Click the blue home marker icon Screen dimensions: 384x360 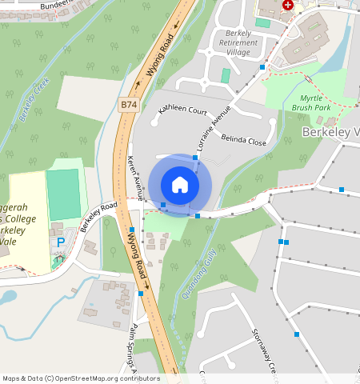pyautogui.click(x=180, y=185)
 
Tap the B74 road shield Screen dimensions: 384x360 pyautogui.click(x=128, y=105)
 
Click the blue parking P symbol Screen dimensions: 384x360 pyautogui.click(x=60, y=242)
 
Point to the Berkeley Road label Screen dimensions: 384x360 pyautogui.click(x=98, y=216)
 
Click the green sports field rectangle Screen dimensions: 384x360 pyautogui.click(x=63, y=194)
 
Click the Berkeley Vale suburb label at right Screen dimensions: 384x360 pyautogui.click(x=330, y=131)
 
